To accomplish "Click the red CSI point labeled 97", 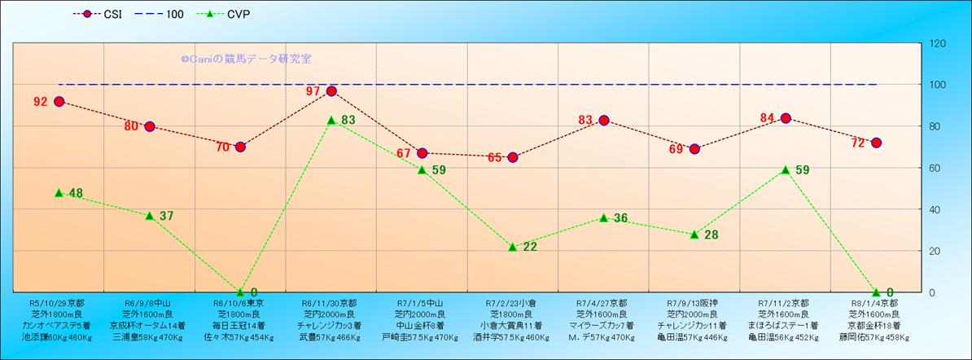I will click(331, 91).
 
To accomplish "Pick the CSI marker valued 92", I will click(59, 102).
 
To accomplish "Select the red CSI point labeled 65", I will click(513, 157).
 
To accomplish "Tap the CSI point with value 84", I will click(786, 118).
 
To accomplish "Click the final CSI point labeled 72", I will click(876, 143).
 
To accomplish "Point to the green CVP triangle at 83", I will click(331, 121).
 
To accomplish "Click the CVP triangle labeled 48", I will click(59, 193).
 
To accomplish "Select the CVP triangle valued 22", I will click(513, 247).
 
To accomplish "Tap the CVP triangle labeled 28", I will click(694, 235).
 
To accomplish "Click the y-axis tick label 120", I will click(939, 43).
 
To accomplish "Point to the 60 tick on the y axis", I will click(936, 168).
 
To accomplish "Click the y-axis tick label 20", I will click(936, 251).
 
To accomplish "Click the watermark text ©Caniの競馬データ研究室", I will click(246, 59).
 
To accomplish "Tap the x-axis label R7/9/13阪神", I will click(694, 303).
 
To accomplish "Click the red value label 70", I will click(223, 148).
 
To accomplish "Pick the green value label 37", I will click(166, 216).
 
